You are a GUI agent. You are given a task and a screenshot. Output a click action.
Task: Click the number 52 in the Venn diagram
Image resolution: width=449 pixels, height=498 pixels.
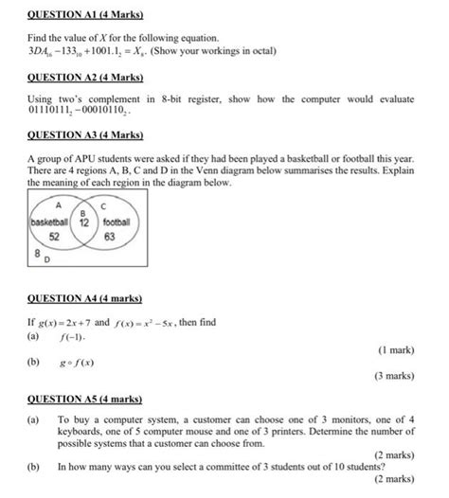(55, 237)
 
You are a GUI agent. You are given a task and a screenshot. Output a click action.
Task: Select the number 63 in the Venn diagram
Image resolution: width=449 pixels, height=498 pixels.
(109, 237)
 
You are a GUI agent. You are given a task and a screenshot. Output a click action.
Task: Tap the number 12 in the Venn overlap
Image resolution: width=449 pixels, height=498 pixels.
(83, 223)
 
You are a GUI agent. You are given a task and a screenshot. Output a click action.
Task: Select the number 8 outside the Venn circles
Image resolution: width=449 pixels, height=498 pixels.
(37, 253)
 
